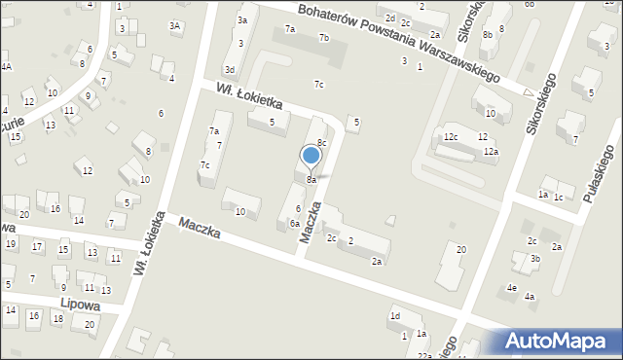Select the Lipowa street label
click(x=81, y=304)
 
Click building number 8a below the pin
click(x=311, y=180)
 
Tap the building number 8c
click(x=321, y=143)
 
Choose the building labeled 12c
click(x=450, y=137)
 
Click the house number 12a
click(x=491, y=152)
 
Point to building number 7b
click(x=324, y=38)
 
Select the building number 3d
click(x=230, y=70)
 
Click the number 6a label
click(x=293, y=223)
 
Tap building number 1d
click(x=395, y=315)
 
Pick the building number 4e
click(x=511, y=287)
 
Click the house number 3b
click(x=535, y=259)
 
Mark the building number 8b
click(x=488, y=35)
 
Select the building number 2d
click(x=389, y=18)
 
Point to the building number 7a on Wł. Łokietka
click(x=213, y=130)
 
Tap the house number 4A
click(x=6, y=66)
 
